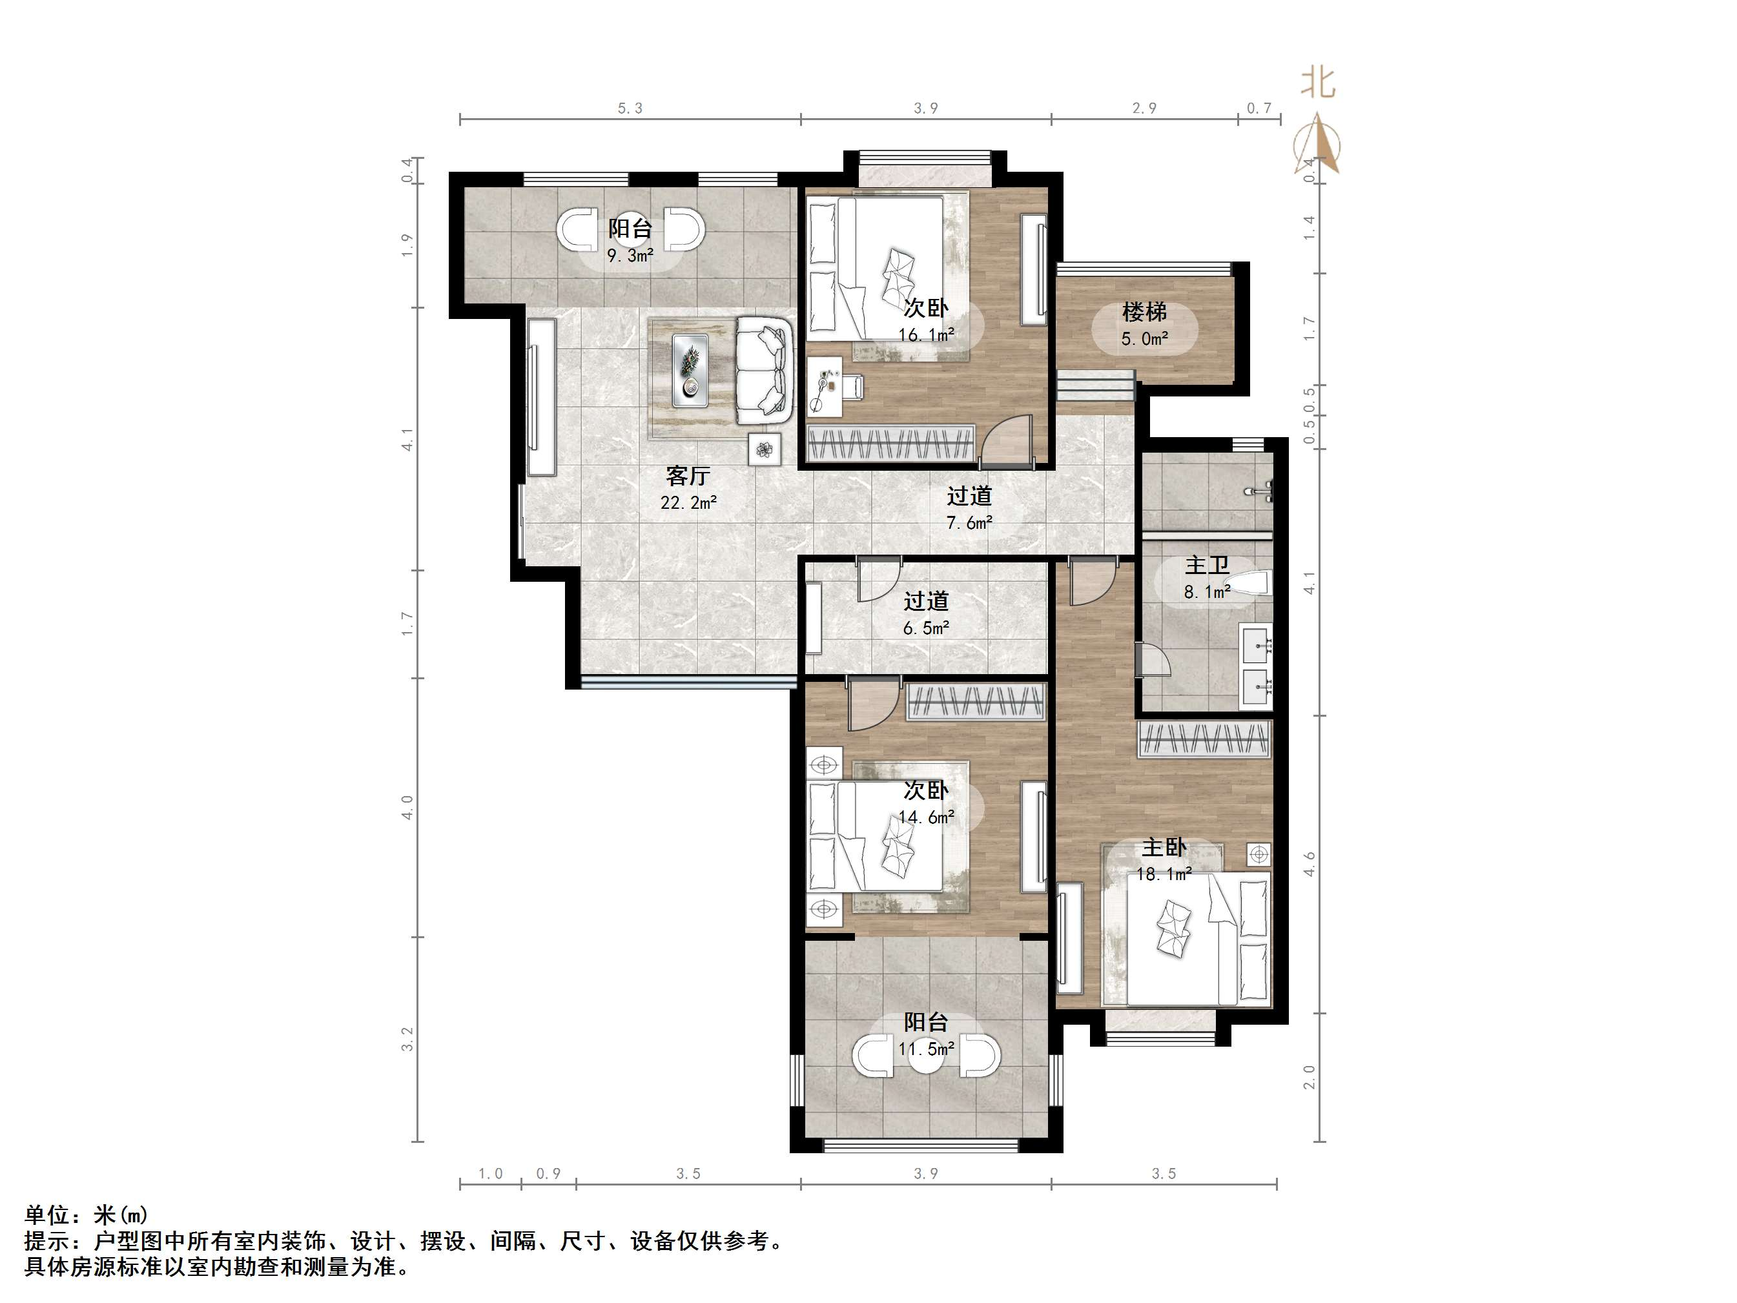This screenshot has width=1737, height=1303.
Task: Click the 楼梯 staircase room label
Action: coord(1144,313)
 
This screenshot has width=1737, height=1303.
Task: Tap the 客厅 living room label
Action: coord(688,475)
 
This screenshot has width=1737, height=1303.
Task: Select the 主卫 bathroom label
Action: coord(1207,566)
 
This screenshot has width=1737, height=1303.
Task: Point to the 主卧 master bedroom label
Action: coord(1164,847)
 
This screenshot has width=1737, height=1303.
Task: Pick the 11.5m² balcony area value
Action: coord(927,1049)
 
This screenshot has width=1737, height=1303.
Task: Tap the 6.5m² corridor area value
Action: coord(927,628)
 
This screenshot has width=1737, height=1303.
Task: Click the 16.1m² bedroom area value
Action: coord(927,335)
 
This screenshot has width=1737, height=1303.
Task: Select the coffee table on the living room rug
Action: coord(691,371)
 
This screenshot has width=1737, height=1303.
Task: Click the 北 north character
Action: coord(1319,82)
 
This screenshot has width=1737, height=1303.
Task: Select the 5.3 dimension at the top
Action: coord(630,108)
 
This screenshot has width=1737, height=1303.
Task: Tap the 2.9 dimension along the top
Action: coord(1144,108)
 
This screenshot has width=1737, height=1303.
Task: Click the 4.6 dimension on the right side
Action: coord(1309,865)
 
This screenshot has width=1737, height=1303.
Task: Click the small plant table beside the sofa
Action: coord(765,449)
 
